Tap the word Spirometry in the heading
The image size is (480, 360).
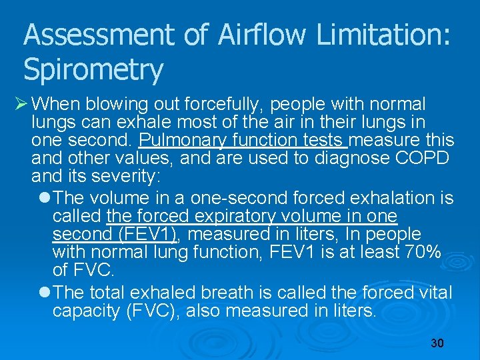93,69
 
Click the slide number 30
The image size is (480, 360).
437,343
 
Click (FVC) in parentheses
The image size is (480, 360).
153,311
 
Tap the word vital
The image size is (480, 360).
436,293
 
